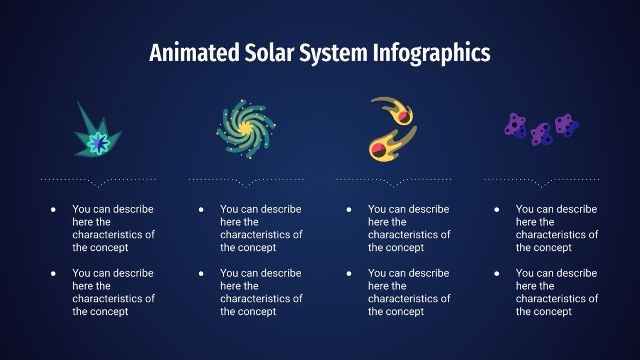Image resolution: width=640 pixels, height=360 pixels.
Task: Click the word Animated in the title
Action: tap(194, 53)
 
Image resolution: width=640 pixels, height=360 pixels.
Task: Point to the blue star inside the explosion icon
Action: tap(99, 142)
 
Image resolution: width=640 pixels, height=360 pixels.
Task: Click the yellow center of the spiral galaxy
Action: tap(246, 129)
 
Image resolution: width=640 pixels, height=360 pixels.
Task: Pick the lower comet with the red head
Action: tap(385, 145)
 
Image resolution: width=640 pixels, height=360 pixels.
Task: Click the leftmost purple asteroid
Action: tap(515, 126)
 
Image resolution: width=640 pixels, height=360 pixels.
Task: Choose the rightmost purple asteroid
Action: tap(566, 125)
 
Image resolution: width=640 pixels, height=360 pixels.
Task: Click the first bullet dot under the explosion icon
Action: tap(53, 210)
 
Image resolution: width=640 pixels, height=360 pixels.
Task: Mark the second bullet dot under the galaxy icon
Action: tap(201, 274)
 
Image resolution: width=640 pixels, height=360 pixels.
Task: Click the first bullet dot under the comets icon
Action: tap(349, 210)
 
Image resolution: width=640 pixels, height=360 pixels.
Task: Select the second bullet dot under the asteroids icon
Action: tap(497, 274)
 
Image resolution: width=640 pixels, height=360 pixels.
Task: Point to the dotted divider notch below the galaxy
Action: tap(246, 185)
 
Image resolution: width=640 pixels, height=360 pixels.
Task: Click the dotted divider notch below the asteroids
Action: tap(542, 185)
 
